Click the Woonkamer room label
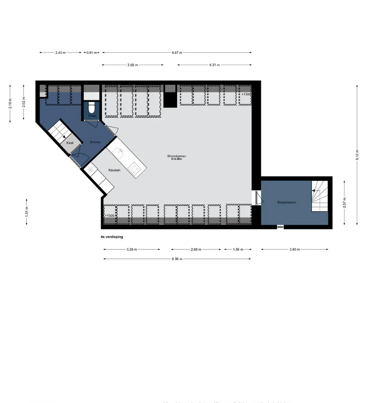177,156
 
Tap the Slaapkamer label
286,202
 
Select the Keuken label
114,170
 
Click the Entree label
95,142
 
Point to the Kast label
70,143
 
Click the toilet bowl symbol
92,108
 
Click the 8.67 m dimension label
177,53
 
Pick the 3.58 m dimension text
132,65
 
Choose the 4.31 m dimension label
214,65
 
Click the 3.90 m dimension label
295,249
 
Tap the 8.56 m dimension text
177,259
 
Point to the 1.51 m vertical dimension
27,211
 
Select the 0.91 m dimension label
92,53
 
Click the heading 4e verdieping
110,237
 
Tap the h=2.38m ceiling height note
177,159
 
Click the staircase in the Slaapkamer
320,196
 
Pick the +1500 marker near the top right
246,94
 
